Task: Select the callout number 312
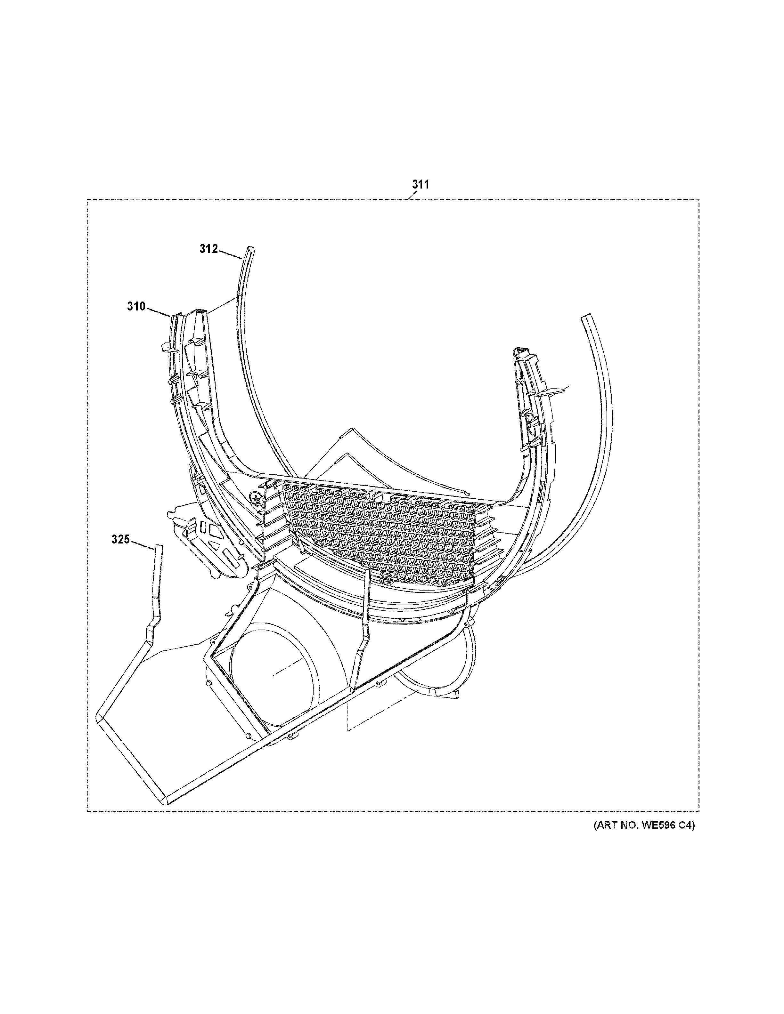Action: tap(208, 249)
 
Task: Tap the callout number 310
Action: tap(136, 306)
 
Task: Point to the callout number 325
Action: tap(120, 540)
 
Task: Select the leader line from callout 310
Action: tap(159, 311)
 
